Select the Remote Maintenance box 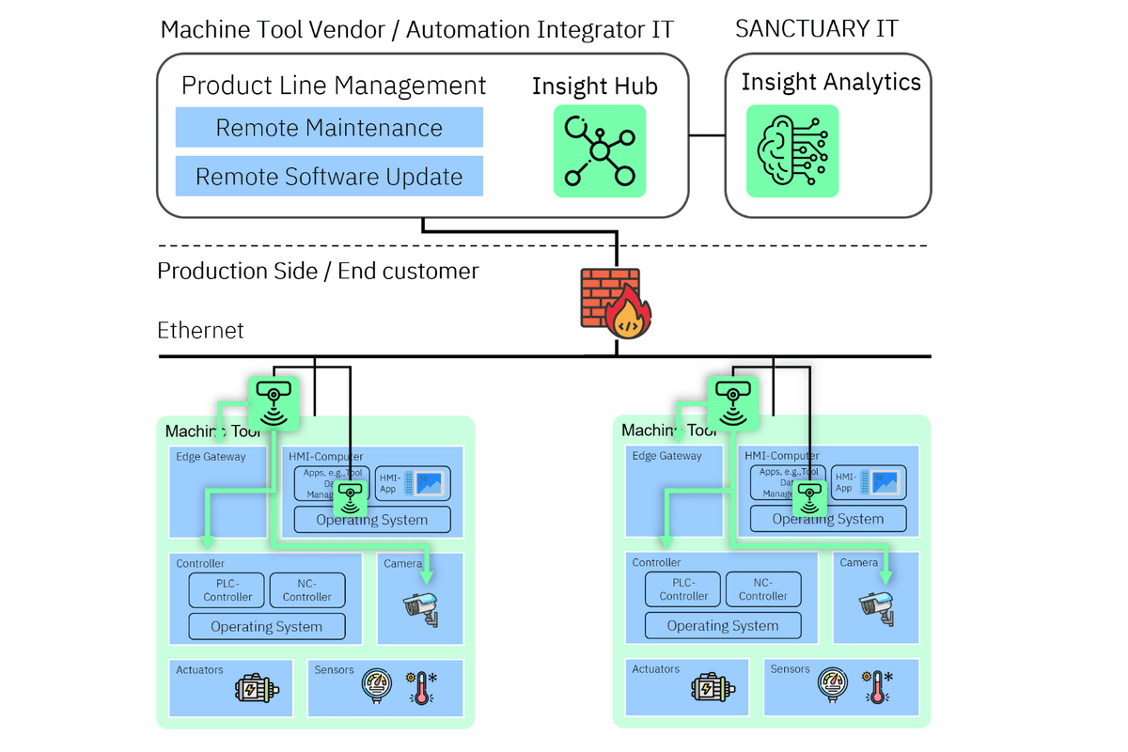tap(329, 128)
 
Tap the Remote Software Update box tap(329, 177)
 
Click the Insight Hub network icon tap(599, 150)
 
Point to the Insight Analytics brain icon tap(792, 150)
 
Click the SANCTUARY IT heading tap(804, 28)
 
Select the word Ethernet tap(200, 330)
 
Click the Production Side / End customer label tap(318, 272)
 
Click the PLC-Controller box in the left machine tap(228, 590)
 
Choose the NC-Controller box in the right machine tap(762, 589)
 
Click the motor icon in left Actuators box tap(256, 688)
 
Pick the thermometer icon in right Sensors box tap(880, 687)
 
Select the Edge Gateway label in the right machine tap(667, 456)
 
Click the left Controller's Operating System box tap(267, 627)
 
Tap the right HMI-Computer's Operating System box tap(828, 519)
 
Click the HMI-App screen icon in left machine tap(427, 483)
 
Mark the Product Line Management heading tap(334, 86)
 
